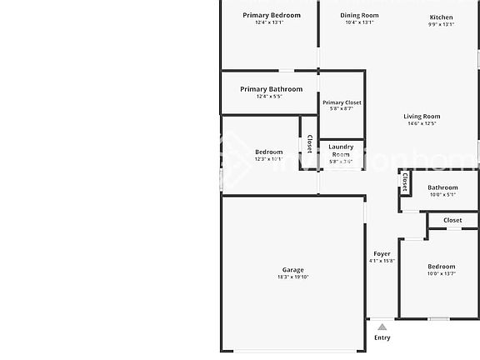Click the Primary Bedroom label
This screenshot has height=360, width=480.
point(272,15)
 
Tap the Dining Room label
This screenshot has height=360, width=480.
point(359,15)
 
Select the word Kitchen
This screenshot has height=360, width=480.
point(441,17)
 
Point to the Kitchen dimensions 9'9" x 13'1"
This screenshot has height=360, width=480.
point(441,24)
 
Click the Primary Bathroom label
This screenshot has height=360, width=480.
point(271,89)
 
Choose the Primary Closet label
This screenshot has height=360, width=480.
point(342,102)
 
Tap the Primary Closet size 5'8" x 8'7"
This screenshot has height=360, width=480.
point(342,109)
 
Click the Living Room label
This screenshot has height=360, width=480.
point(422,117)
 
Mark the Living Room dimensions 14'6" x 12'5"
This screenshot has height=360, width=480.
point(422,124)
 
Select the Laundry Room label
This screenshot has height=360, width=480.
point(341,151)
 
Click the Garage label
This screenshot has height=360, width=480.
point(292,270)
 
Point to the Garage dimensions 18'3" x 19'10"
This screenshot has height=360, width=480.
point(292,277)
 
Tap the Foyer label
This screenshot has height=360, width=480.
point(382,253)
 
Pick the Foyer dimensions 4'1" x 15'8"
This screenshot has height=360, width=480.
point(382,261)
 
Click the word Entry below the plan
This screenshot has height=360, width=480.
point(382,337)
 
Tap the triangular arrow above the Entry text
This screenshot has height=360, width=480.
point(382,327)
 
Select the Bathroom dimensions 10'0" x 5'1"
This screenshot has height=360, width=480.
point(442,195)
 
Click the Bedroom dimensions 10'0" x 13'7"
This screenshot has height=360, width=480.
point(441,274)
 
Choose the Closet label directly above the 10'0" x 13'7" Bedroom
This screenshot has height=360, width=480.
point(452,221)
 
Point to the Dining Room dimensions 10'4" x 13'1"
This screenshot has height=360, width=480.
point(359,22)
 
